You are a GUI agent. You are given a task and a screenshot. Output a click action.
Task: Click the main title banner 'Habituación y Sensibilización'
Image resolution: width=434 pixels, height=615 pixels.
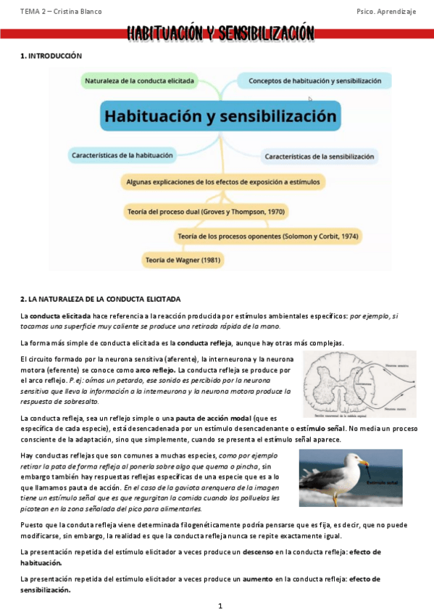click(221, 33)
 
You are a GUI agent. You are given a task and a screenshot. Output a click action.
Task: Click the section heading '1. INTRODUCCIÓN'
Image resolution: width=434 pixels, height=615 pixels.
click(51, 56)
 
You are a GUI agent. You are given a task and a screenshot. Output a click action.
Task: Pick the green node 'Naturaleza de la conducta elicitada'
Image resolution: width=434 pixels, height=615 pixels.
click(139, 81)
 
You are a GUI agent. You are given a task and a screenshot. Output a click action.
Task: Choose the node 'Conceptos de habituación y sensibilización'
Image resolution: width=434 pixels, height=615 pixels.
click(314, 81)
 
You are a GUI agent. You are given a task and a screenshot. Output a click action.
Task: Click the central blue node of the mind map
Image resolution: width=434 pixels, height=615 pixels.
click(220, 116)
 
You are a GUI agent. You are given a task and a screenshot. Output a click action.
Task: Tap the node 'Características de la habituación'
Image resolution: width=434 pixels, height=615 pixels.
click(122, 154)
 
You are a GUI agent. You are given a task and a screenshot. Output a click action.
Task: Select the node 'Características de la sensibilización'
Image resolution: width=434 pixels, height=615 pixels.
click(319, 156)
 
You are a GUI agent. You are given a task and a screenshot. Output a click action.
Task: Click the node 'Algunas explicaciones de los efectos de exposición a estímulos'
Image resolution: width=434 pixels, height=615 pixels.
click(222, 182)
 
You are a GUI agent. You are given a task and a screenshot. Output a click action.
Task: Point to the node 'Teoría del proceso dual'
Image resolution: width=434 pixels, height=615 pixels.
click(206, 212)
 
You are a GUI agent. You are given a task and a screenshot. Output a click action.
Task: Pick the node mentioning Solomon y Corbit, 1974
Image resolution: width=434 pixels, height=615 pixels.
click(267, 236)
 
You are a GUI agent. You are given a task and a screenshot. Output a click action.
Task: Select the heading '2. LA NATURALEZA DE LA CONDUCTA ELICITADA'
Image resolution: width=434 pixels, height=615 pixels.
click(100, 299)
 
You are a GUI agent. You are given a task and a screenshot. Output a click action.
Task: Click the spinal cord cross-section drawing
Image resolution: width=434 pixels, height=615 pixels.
click(359, 383)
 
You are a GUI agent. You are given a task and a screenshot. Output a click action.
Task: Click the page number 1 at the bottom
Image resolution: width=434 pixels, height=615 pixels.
click(220, 604)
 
